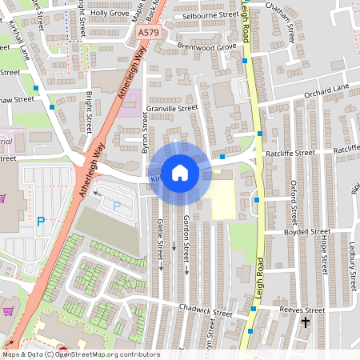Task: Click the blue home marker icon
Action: click(180, 172)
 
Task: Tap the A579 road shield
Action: click(148, 33)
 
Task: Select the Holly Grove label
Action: click(109, 14)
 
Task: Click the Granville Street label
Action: click(170, 108)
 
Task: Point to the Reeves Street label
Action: click(302, 310)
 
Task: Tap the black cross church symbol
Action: click(305, 323)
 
